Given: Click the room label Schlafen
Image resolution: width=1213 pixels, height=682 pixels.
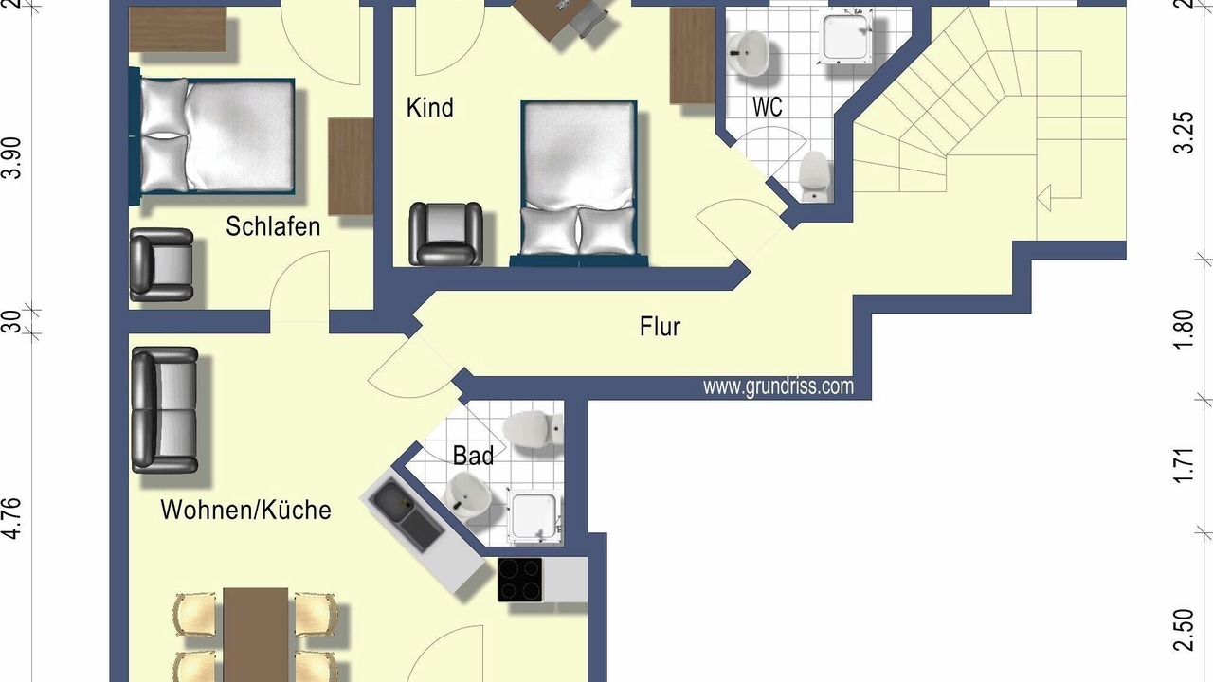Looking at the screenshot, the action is (x=273, y=226).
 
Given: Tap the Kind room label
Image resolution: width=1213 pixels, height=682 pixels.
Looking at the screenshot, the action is (x=430, y=107).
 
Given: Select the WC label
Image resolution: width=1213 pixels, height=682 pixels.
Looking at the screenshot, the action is (x=768, y=107).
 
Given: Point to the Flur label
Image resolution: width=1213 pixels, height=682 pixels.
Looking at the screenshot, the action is (x=660, y=327).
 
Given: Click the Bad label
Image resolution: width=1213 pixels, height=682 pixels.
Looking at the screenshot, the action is (x=473, y=456).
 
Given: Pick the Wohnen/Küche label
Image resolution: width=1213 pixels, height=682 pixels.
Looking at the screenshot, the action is (x=245, y=510).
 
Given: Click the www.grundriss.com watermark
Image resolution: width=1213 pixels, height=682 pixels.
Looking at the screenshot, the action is (x=778, y=386).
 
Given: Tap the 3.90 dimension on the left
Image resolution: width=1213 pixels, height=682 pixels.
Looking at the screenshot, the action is (x=12, y=157).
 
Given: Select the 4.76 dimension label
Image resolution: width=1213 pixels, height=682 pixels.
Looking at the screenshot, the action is (x=12, y=518).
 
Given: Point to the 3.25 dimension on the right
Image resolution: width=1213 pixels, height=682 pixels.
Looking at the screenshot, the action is (x=1186, y=133).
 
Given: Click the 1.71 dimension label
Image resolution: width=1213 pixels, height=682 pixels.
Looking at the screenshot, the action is (x=1186, y=465).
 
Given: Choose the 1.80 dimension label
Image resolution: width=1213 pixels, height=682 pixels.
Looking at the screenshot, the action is (x=1186, y=329).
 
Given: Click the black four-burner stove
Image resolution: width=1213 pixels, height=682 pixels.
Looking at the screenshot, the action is (x=520, y=580).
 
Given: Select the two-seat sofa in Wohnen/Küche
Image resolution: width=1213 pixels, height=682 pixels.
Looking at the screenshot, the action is (x=165, y=410).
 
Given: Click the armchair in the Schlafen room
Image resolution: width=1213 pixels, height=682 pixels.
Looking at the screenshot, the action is (x=161, y=264).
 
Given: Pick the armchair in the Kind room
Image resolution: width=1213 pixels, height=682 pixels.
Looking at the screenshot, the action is (x=445, y=234).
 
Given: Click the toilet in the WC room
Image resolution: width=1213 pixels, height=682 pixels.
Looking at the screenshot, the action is (x=814, y=173).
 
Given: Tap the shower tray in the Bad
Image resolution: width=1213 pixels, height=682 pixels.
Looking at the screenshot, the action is (x=534, y=516).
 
